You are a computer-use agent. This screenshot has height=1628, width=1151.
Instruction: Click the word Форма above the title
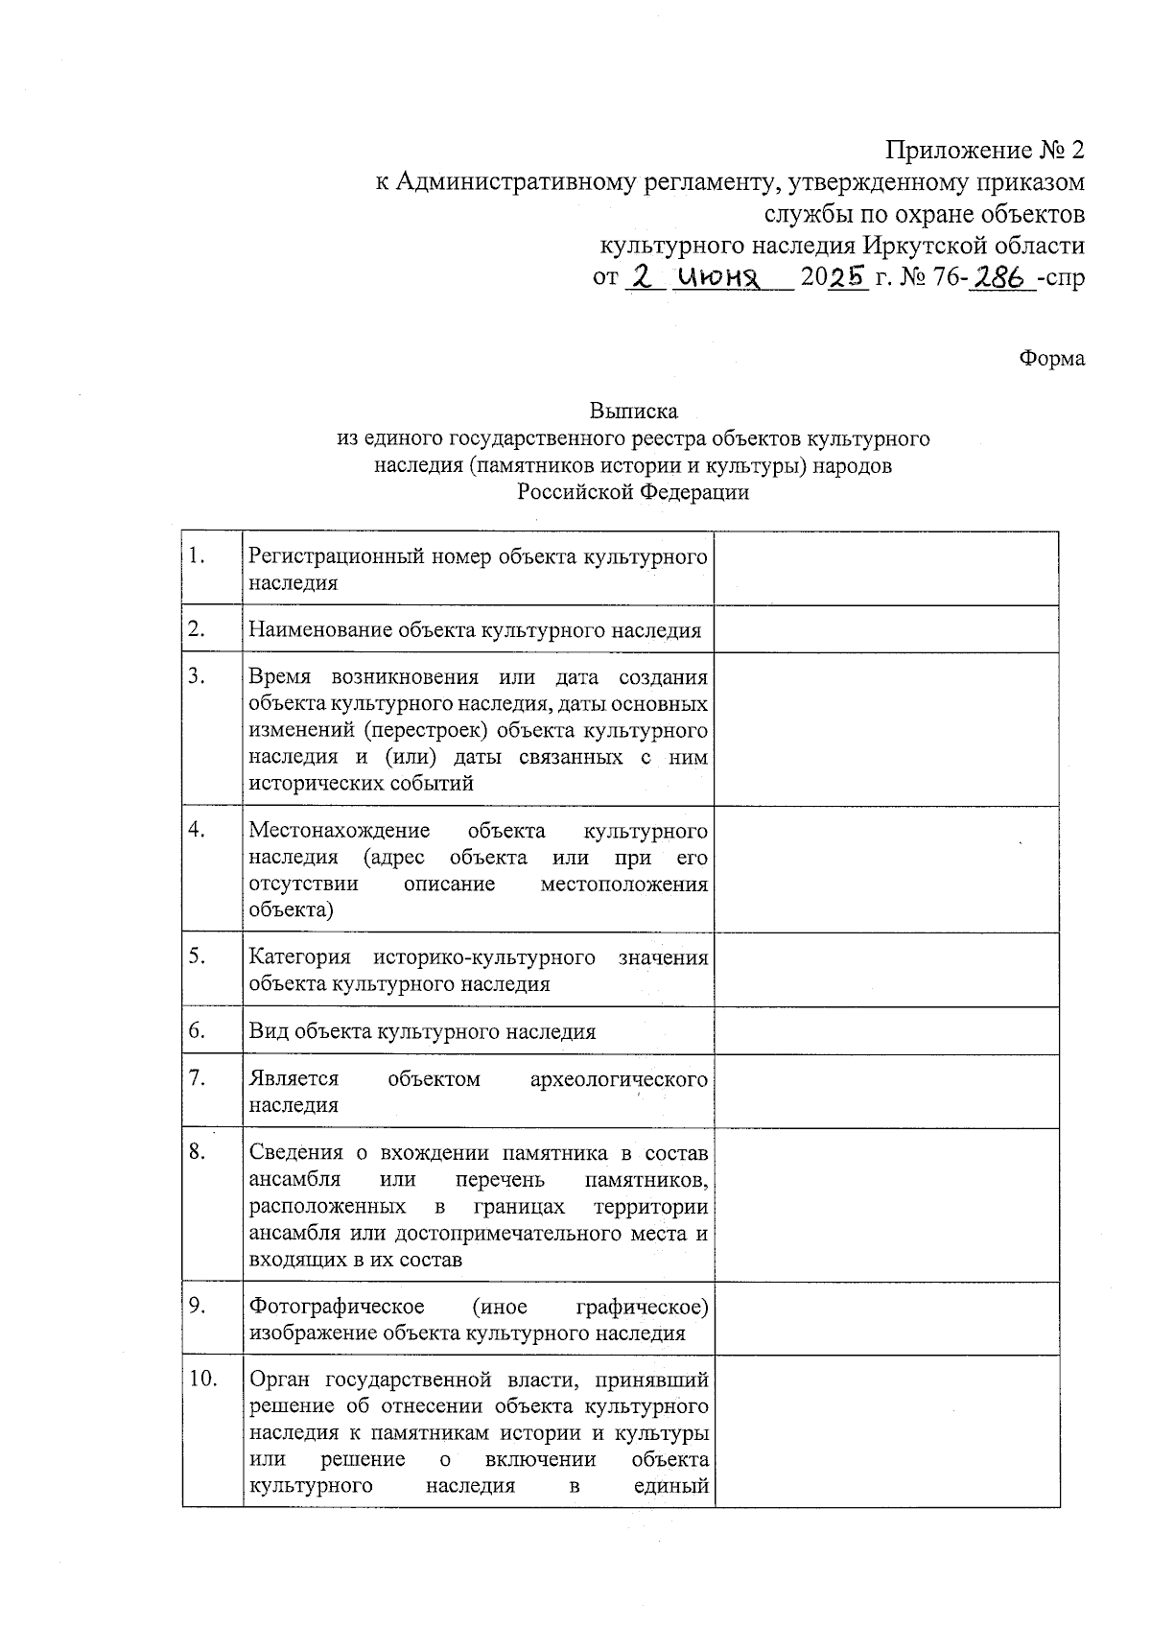pos(1051,359)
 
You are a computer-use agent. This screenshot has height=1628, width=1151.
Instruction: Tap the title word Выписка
pos(633,412)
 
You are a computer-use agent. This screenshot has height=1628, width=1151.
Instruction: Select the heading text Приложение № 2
pos(985,151)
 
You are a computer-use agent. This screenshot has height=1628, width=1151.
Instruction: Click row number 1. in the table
pos(198,556)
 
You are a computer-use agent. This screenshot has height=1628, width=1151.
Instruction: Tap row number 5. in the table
pos(198,957)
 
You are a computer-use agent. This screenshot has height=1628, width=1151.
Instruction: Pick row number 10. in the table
pos(203,1380)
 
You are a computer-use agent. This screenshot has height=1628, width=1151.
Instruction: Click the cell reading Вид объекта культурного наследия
pos(422,1032)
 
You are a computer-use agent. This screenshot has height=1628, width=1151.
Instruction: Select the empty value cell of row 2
pos(886,630)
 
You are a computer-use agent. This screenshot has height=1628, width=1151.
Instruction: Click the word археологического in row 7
pos(619,1079)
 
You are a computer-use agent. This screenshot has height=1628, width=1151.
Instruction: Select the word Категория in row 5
pos(299,957)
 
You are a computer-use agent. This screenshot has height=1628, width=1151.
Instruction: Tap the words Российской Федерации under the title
pos(633,493)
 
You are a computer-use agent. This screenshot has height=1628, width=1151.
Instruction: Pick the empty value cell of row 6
pos(886,1031)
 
